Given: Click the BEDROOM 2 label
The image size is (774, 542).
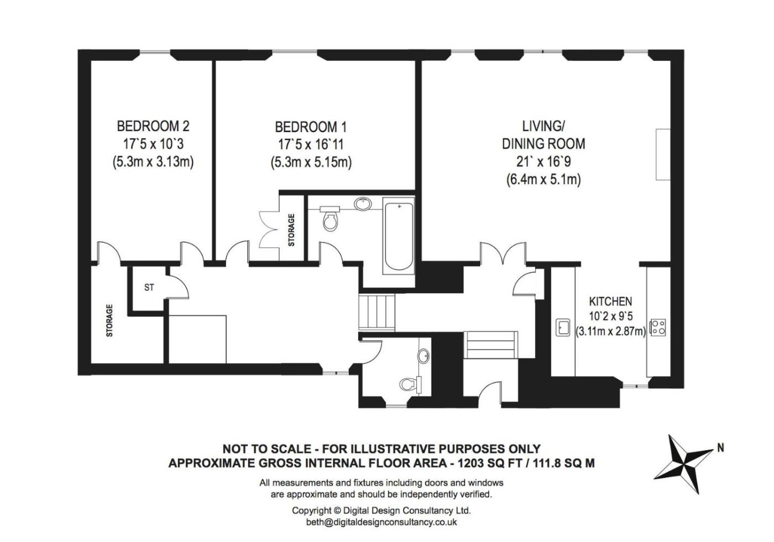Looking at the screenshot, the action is coord(153,126).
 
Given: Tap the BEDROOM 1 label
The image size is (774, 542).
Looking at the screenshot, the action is coord(311,127).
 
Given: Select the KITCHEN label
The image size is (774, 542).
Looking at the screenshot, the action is coord(610,301).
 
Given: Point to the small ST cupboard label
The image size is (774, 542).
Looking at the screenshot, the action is coord(149,287).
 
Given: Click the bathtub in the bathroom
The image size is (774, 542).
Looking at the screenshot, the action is coord(399,236).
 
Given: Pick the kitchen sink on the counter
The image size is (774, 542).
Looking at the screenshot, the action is coord(563,327).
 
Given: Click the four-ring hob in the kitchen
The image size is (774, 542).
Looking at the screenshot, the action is coord(658,327).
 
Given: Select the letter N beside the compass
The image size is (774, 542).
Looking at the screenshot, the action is coord(720,448).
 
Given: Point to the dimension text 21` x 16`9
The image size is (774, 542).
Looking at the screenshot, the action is coord(543,161).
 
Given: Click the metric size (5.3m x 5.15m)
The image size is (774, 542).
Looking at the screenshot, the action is coord(311,162).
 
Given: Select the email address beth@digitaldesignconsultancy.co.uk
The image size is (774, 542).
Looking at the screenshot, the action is coord(381,522).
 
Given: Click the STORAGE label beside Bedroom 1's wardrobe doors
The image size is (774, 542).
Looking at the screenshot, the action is coord(291,230).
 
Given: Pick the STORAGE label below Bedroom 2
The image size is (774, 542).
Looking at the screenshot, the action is coord(109,320).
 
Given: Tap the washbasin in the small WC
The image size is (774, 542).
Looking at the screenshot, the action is coord(423,356).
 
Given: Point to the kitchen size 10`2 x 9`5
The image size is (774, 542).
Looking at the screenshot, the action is coord(610,316).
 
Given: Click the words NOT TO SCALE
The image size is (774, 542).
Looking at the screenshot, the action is coord(266,449).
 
